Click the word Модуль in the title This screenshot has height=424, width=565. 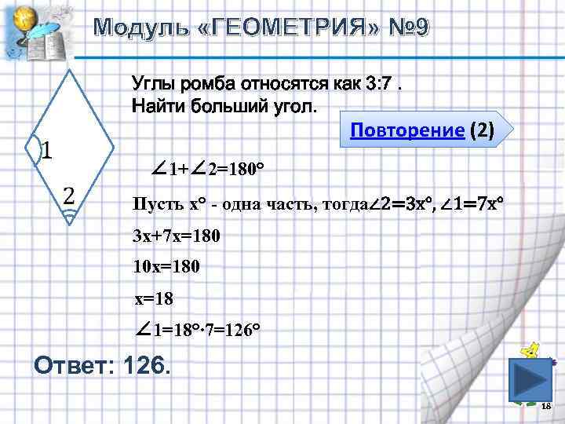click(139, 28)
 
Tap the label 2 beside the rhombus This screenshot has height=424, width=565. click(69, 194)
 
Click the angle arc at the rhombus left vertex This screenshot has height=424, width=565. click(33, 149)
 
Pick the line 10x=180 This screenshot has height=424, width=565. click(167, 268)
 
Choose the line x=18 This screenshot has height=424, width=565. click(154, 298)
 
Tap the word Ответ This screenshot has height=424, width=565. click(71, 365)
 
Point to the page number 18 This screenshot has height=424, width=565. click(547, 406)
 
